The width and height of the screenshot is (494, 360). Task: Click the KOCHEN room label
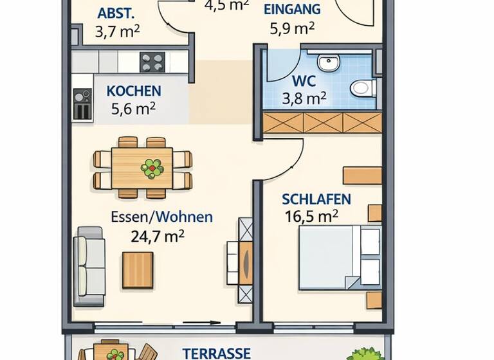(x=134, y=91)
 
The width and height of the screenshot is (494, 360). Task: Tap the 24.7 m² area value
(x=158, y=236)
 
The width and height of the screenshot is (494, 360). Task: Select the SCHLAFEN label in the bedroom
(x=316, y=199)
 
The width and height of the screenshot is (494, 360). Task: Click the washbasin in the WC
(x=328, y=63)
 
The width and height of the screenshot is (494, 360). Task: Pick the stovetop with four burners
(x=152, y=62)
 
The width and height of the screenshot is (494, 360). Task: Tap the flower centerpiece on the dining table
(x=152, y=168)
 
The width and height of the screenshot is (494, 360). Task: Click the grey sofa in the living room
(x=89, y=265)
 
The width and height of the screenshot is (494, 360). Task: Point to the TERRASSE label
(x=216, y=353)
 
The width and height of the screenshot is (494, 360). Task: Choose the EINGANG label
(x=292, y=9)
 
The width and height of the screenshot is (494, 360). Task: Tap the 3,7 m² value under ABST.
(x=117, y=32)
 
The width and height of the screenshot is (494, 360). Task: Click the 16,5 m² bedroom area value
(x=311, y=215)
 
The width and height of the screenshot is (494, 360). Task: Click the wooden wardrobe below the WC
(x=322, y=123)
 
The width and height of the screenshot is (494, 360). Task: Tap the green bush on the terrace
(x=368, y=354)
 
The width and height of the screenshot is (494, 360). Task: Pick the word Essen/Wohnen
(x=161, y=217)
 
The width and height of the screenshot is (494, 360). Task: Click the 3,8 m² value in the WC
(x=304, y=98)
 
